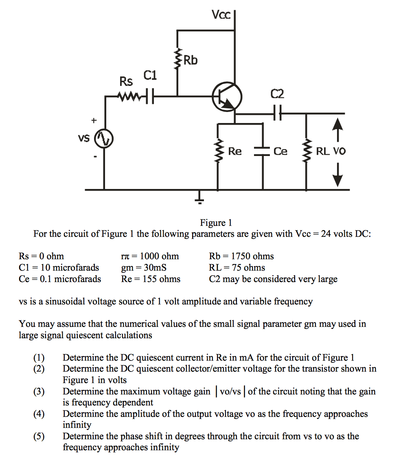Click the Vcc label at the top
221,15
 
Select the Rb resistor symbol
177,60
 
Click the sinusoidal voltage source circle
104,139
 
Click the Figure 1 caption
216,222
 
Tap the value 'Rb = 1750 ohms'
241,256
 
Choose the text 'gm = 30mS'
144,268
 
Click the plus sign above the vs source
94,121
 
